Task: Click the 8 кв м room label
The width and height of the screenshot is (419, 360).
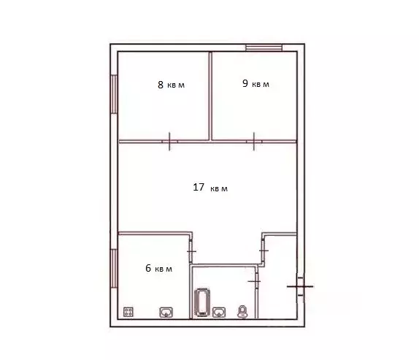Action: point(171,85)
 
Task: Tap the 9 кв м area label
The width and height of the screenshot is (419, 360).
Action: point(255,84)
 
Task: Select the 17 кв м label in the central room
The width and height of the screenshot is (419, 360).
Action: point(210,188)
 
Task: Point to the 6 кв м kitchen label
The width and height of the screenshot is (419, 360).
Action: point(158,269)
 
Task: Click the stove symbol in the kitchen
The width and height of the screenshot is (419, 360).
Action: point(129,312)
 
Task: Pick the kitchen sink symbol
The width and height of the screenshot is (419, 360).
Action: point(166,313)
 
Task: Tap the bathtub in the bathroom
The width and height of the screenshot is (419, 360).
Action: point(201,303)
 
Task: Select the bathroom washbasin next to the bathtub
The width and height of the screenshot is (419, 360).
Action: point(218,313)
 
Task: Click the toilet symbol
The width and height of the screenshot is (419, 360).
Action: point(243,313)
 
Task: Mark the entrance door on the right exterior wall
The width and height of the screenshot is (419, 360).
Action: point(300,286)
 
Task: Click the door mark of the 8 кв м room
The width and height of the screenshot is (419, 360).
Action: point(169,140)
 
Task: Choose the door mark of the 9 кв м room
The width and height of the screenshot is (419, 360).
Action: point(253,140)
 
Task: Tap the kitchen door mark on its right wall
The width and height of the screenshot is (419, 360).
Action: point(191,251)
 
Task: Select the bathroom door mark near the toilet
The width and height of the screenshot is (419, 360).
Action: point(254,280)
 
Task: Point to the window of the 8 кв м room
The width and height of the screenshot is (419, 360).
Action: point(114,93)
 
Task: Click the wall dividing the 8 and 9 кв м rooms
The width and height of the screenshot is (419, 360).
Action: point(211,95)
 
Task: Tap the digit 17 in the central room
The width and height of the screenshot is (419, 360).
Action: point(198,187)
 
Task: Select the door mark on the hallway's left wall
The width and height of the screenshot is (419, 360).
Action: point(263,250)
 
